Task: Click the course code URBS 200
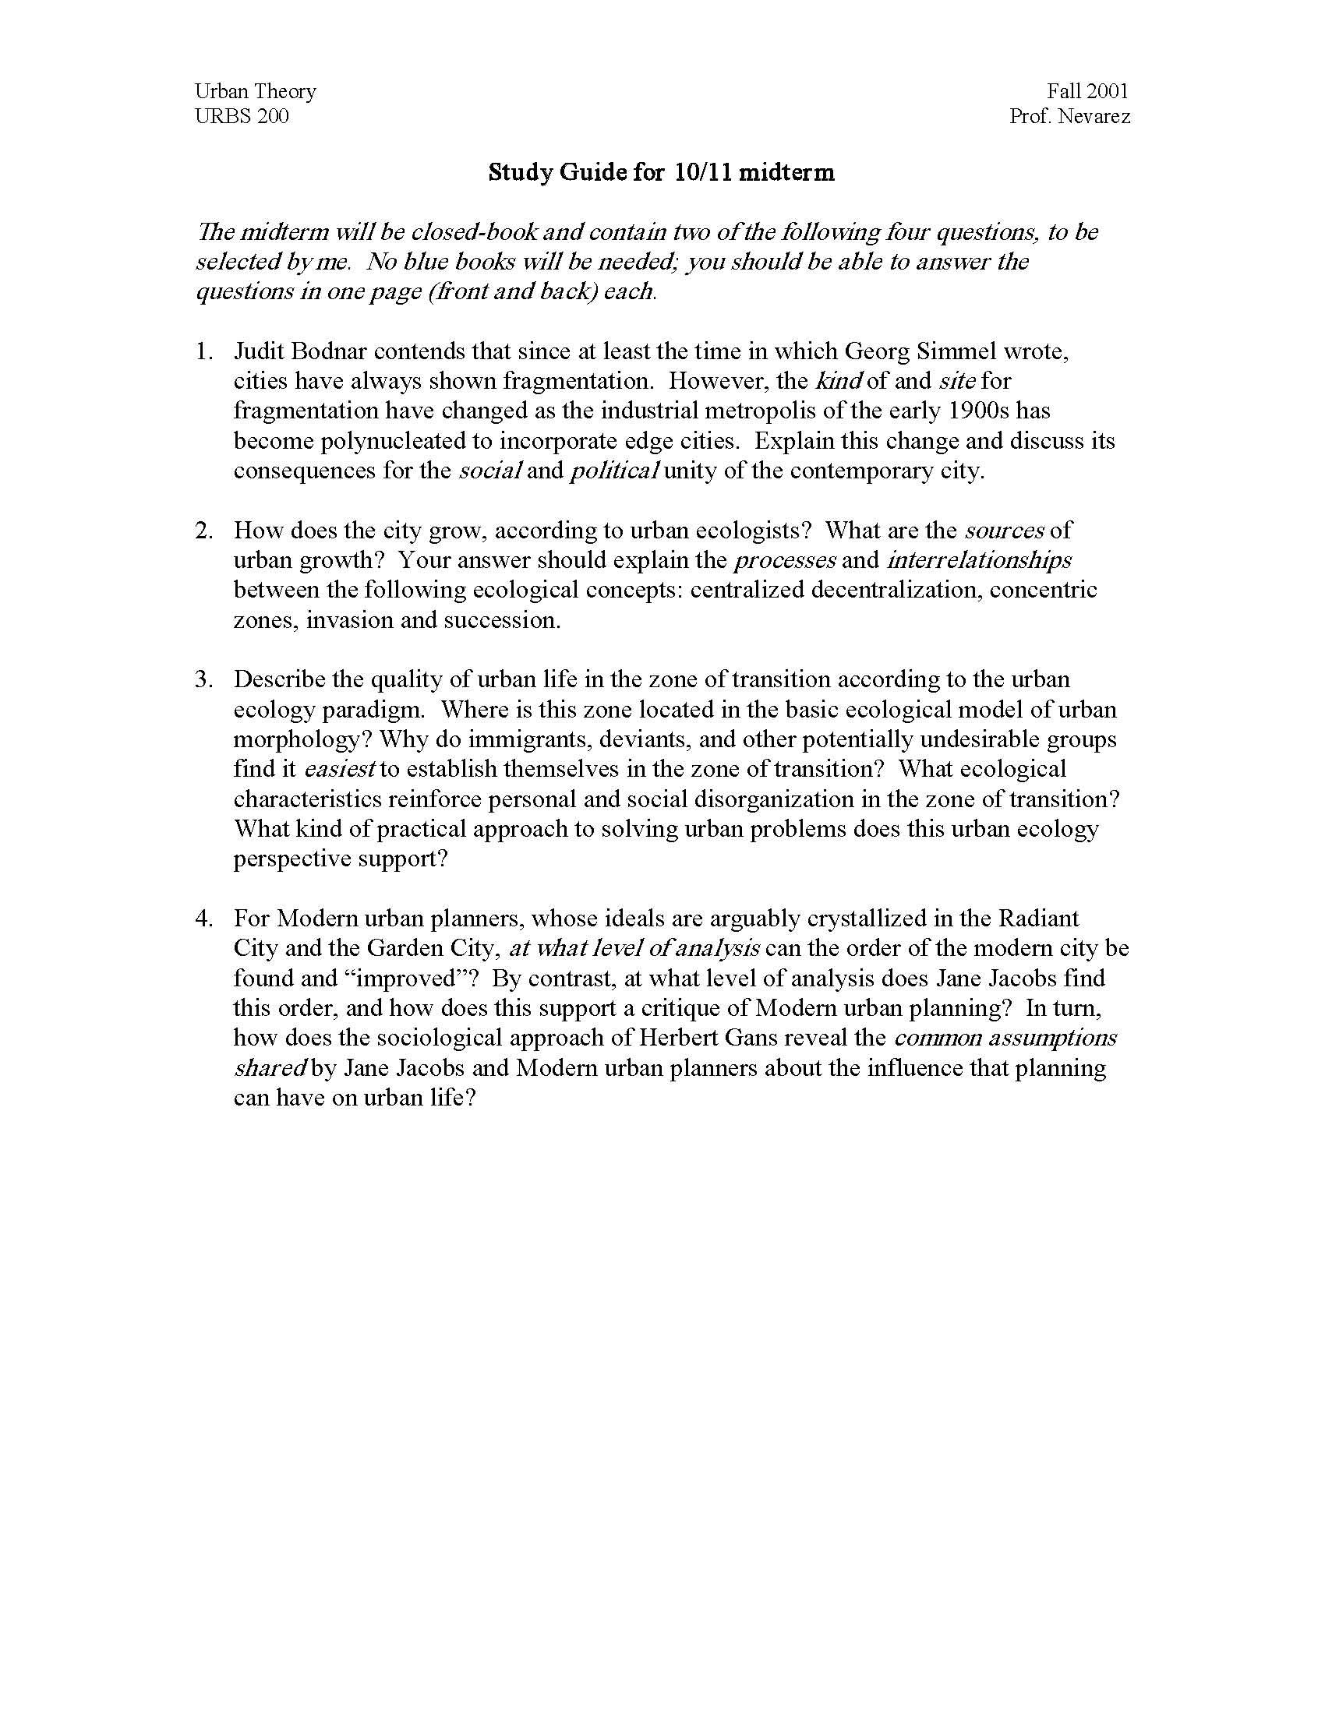(x=242, y=117)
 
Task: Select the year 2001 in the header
(x=1108, y=92)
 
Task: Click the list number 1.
(x=203, y=351)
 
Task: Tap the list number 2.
(x=203, y=531)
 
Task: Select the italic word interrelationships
(x=980, y=560)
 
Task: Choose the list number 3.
(x=203, y=679)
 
